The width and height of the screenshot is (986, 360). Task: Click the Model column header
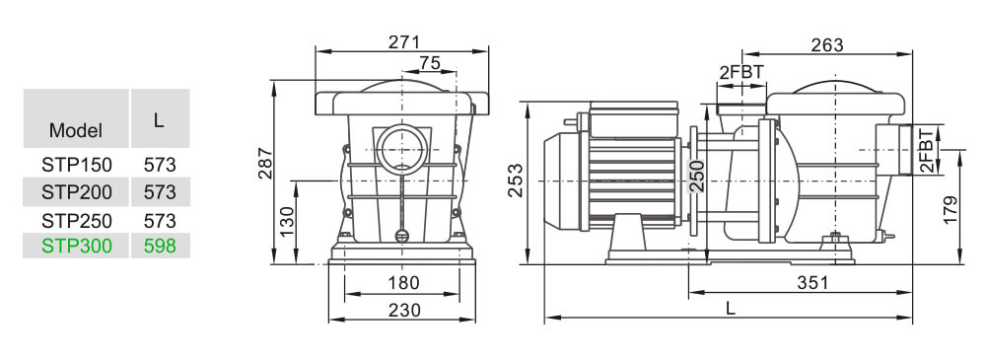tap(76, 130)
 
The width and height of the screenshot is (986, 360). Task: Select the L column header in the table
tap(159, 118)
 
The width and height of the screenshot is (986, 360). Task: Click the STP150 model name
tap(77, 164)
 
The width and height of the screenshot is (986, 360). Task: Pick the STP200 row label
tap(77, 191)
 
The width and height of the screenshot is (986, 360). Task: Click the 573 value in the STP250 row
tap(160, 220)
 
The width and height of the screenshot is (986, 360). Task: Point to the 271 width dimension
tap(404, 41)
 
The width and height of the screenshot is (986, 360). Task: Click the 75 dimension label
tap(430, 63)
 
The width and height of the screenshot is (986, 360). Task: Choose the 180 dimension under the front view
tap(402, 284)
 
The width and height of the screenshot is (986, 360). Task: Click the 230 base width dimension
tap(404, 310)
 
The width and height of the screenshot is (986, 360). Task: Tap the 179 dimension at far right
tap(951, 209)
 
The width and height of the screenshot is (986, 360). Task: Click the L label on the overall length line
tap(730, 308)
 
